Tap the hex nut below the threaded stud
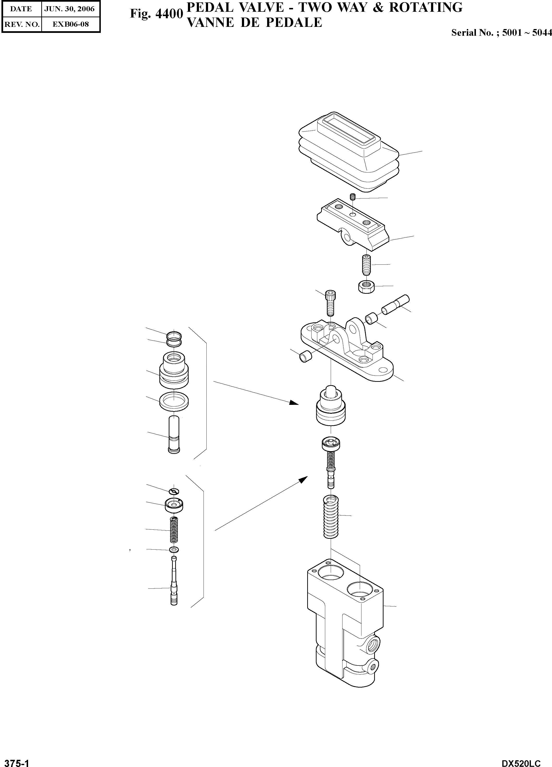point(365,287)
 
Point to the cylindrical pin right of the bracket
point(395,304)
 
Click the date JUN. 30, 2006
point(70,9)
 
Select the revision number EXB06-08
point(70,24)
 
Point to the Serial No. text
point(501,33)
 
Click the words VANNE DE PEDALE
point(254,23)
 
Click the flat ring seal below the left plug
point(174,402)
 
